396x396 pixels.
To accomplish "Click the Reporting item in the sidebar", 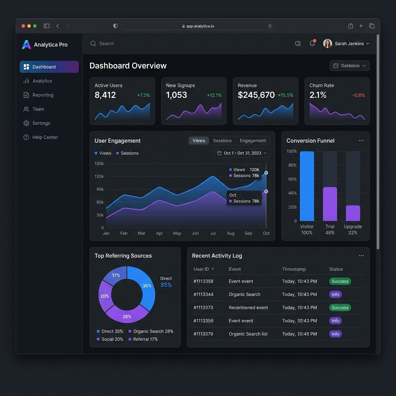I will click(43, 95).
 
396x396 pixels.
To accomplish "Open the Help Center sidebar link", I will click(45, 137).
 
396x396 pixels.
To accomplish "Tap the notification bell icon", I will click(312, 44).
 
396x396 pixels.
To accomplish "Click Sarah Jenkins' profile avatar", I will click(328, 44).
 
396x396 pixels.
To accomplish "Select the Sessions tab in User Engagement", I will click(222, 141).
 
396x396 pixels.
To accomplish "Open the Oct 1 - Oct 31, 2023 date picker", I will click(242, 153).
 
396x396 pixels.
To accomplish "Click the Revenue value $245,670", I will click(256, 95).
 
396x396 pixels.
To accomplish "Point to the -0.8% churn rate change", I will click(358, 95).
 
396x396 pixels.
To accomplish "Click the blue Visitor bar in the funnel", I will click(307, 186).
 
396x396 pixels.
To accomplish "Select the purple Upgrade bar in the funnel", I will click(353, 213).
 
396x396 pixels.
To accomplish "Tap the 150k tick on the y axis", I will click(99, 164).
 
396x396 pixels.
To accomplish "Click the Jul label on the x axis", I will click(213, 233).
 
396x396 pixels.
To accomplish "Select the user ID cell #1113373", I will click(203, 308).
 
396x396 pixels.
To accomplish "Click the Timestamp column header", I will click(294, 269).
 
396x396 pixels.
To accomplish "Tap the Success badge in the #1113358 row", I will click(340, 282).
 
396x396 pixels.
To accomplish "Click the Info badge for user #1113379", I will click(335, 334).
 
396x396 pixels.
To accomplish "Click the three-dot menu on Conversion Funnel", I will click(361, 141).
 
